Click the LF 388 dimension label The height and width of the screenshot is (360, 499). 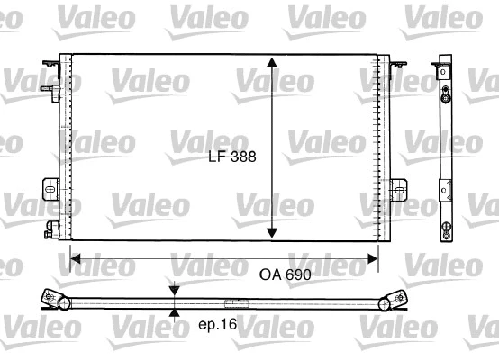pyautogui.click(x=231, y=156)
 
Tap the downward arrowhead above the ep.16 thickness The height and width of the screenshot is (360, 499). pyautogui.click(x=174, y=293)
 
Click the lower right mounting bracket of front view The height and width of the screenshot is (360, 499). pyautogui.click(x=399, y=188)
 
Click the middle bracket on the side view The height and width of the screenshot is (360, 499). pyautogui.click(x=447, y=189)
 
